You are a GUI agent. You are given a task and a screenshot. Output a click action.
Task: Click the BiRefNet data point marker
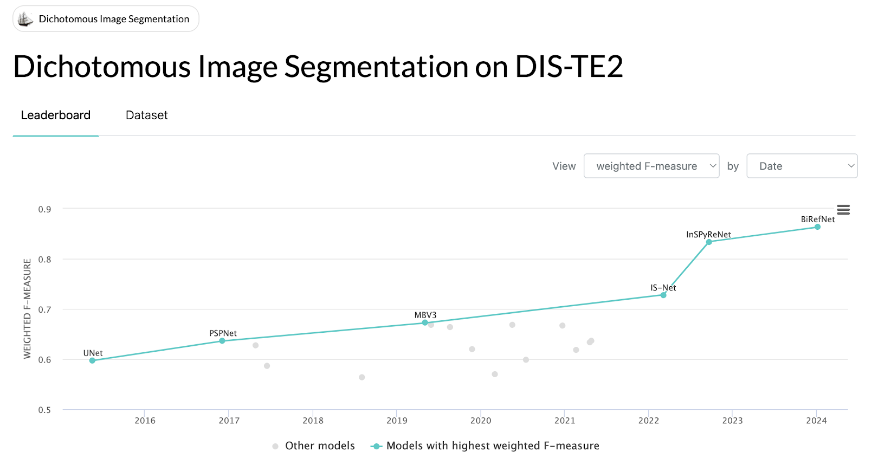point(817,227)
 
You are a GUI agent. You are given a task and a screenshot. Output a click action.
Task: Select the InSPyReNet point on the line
point(709,242)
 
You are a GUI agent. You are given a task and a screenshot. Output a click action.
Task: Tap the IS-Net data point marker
point(663,295)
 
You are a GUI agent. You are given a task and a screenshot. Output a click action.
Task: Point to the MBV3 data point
point(425,323)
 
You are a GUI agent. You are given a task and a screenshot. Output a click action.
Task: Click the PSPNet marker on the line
point(222,341)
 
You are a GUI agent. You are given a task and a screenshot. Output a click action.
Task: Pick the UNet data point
point(92,360)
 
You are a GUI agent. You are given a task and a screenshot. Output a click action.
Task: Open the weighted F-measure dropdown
point(651,166)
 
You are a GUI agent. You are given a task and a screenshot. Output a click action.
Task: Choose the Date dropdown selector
point(802,166)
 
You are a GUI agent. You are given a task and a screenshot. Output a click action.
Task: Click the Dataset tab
point(146,115)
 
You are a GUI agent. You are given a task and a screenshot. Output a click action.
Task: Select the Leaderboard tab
point(56,115)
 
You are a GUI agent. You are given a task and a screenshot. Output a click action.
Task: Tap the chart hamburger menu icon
point(843,210)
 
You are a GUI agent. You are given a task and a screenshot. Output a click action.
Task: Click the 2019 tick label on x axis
point(397,421)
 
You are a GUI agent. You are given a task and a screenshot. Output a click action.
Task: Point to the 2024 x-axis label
point(816,421)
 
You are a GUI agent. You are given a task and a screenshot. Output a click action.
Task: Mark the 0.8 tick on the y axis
point(45,260)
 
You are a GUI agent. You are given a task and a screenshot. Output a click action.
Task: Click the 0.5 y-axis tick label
point(45,410)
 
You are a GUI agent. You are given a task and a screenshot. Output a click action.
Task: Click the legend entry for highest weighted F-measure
point(485,446)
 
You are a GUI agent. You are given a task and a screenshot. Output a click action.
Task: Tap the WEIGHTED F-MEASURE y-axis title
point(27,309)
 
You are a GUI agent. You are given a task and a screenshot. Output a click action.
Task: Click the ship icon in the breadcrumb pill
point(25,20)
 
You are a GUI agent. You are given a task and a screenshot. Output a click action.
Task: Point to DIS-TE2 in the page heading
point(569,67)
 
